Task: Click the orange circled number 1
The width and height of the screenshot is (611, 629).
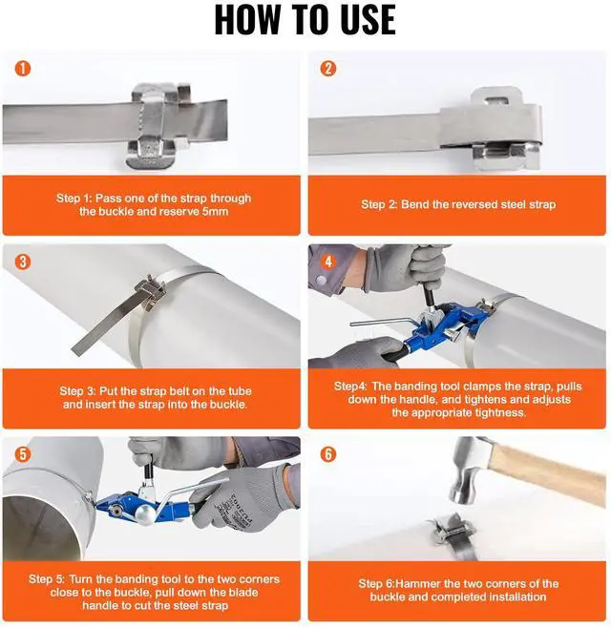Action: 23,68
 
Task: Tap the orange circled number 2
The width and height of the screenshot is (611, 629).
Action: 328,69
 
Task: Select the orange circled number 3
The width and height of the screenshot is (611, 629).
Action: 23,262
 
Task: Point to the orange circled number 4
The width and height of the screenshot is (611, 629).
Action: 328,262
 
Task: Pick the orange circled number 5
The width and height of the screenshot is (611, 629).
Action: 23,454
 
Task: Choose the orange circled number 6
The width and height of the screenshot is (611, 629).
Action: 328,454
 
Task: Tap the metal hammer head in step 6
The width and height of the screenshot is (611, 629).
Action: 468,472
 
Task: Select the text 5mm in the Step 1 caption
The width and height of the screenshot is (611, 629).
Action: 215,211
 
